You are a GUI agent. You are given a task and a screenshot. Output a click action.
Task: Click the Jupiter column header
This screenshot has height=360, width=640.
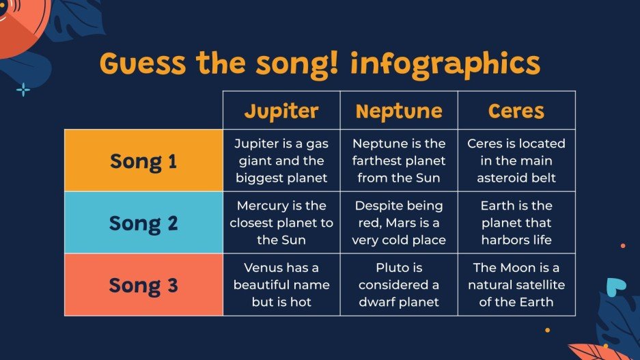pos(281,111)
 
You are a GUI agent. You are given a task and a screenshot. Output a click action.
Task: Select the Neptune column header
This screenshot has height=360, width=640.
pos(399,111)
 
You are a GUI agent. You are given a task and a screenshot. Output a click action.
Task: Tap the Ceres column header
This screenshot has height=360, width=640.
pos(516,111)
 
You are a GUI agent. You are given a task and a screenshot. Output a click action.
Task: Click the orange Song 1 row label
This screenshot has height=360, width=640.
pos(143,161)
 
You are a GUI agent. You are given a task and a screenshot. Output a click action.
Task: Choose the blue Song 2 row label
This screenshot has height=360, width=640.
pos(143,223)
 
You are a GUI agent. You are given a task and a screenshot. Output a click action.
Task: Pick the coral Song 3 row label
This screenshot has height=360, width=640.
pos(143,285)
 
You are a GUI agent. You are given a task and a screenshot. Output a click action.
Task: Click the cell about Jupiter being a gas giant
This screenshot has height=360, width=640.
pos(281,161)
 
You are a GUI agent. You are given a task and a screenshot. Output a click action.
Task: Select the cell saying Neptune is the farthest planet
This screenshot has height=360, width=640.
pos(399,161)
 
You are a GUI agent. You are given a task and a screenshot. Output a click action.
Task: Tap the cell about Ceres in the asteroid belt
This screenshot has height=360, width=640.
pos(516,161)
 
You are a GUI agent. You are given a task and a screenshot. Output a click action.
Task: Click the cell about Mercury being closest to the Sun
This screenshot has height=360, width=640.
pos(281,223)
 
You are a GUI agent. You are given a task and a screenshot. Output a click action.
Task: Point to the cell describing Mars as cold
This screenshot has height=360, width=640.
pos(399,223)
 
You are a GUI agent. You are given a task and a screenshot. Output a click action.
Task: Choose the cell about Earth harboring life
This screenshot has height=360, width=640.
pos(516,223)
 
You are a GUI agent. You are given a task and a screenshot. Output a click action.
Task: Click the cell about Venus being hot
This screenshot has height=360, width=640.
pos(281,285)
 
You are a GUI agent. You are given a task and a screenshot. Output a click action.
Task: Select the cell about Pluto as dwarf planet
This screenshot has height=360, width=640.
pos(399,285)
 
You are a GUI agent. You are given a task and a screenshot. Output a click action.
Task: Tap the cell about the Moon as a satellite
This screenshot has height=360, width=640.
pos(516,285)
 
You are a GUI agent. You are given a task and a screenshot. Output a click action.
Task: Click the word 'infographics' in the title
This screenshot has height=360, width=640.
pos(445,64)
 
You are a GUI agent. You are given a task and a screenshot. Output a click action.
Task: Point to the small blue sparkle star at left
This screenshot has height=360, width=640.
pos(23,89)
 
